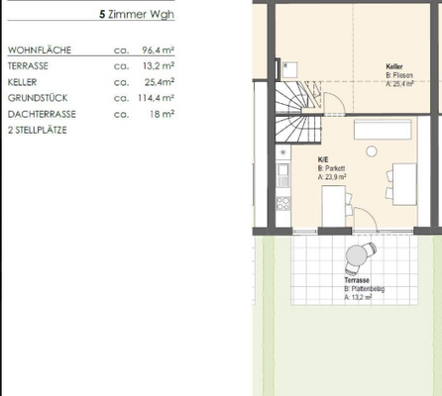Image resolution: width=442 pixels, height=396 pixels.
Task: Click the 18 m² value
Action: coord(161,114)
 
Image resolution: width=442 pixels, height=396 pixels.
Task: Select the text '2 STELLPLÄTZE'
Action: coord(39,130)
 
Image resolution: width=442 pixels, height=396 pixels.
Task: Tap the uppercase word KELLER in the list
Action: coord(23,82)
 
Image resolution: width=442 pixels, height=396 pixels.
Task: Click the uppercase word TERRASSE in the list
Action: coord(27,66)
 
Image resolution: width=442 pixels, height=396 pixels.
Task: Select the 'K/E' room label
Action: coord(323,158)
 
